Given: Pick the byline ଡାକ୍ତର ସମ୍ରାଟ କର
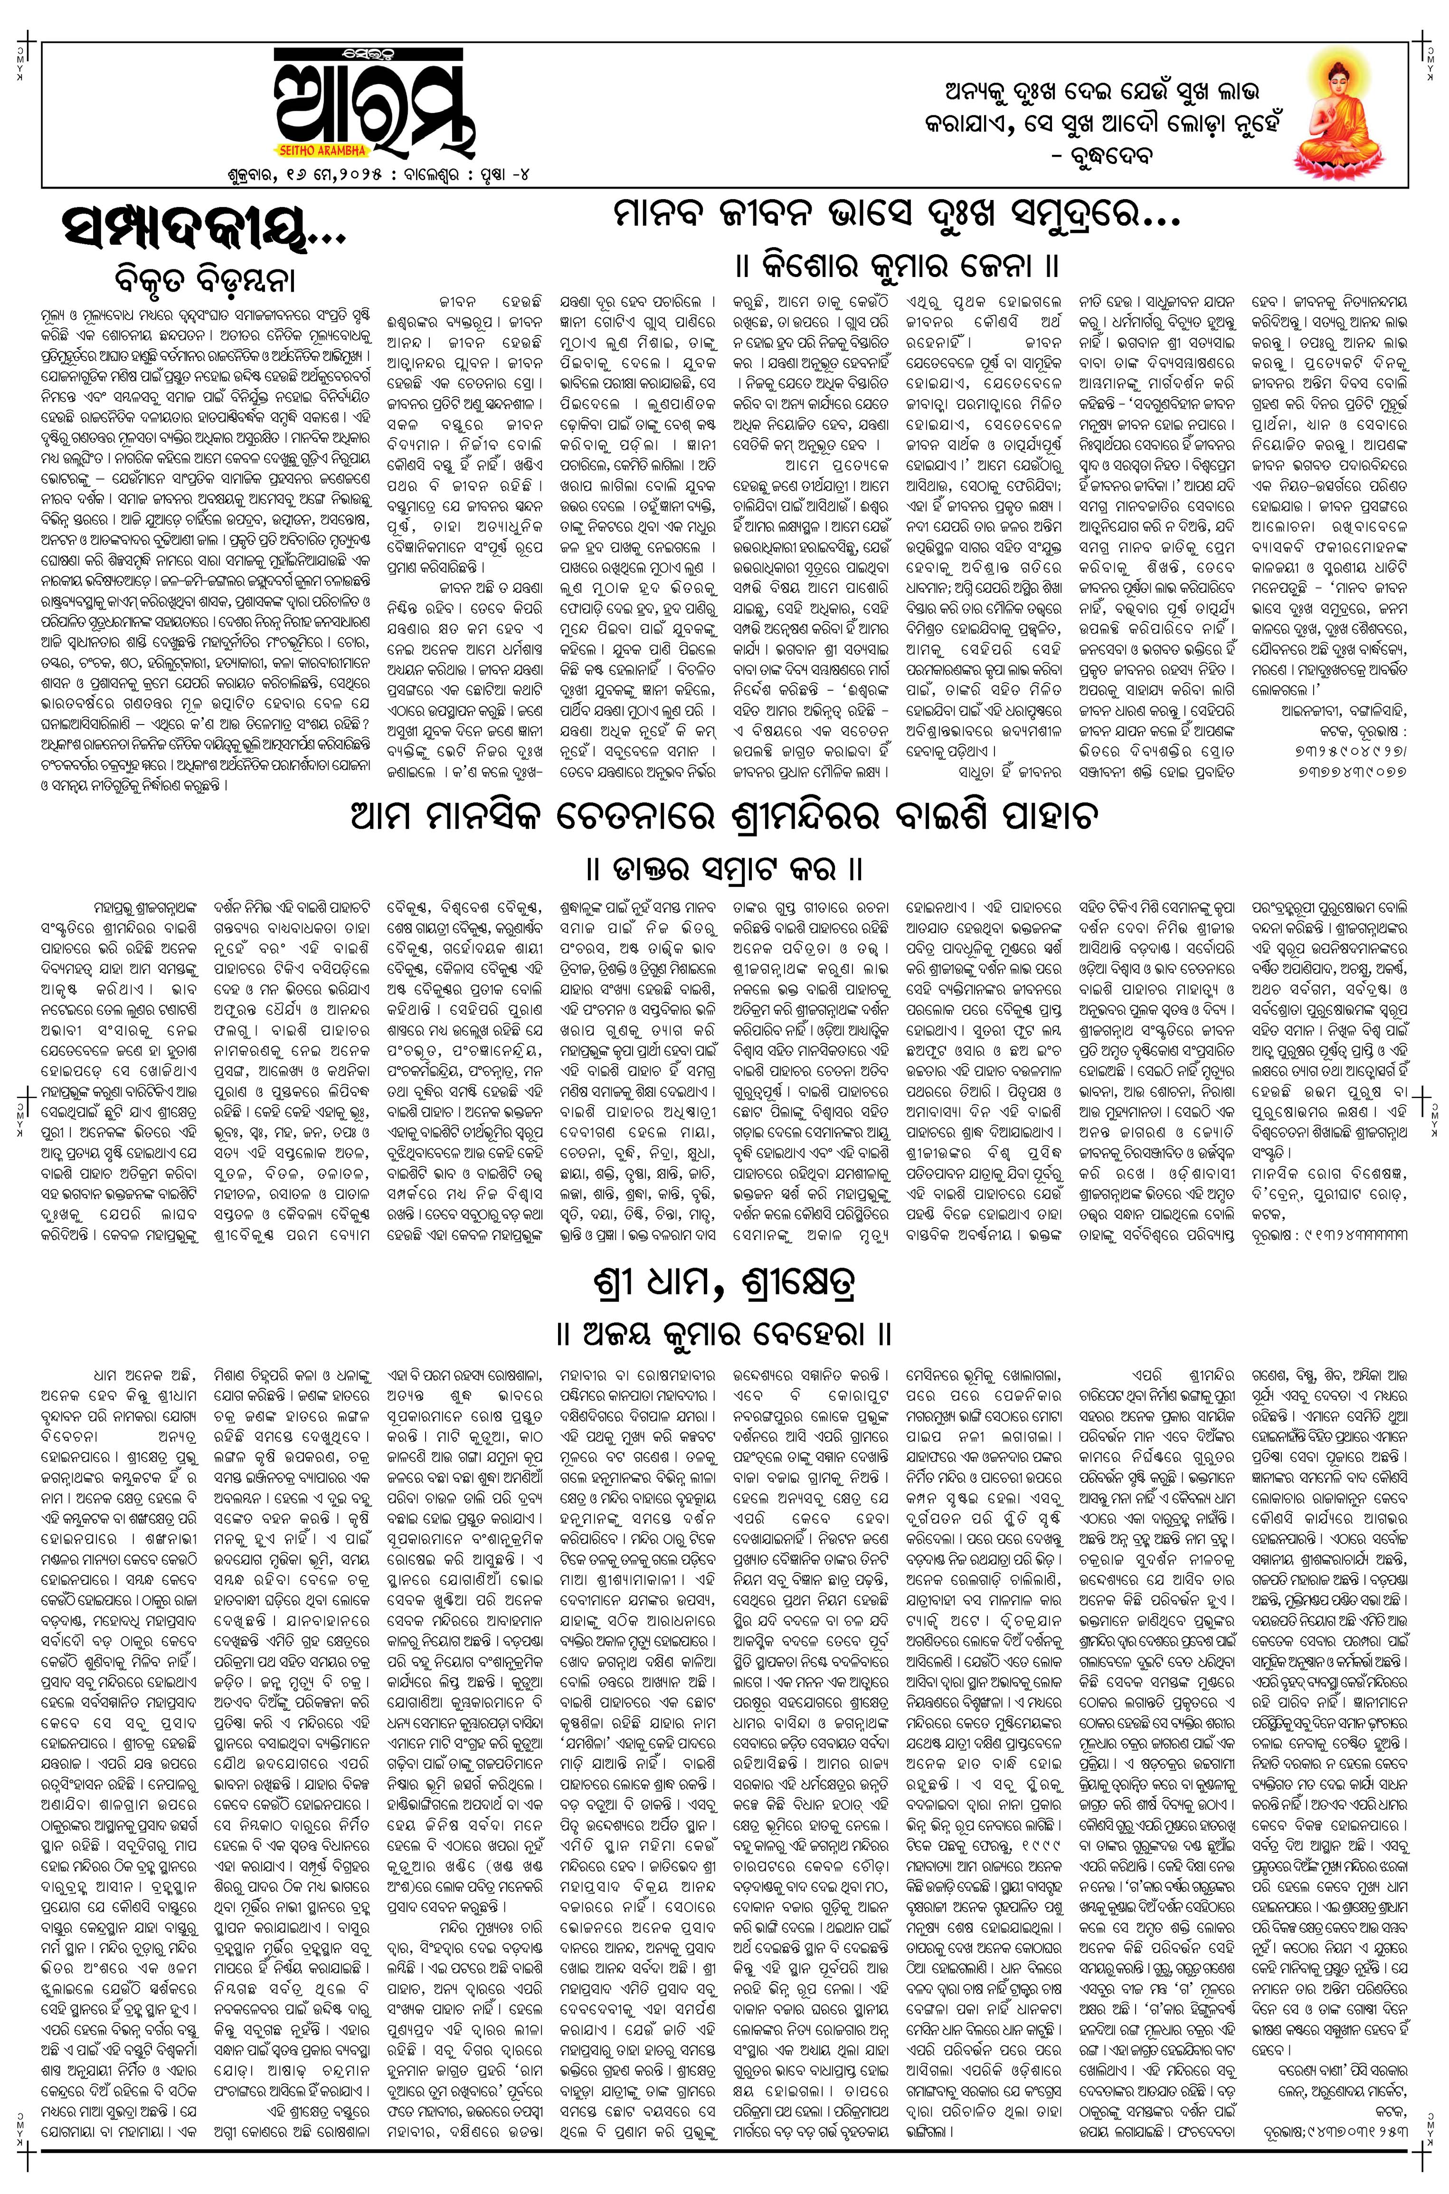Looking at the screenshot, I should pos(724,869).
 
